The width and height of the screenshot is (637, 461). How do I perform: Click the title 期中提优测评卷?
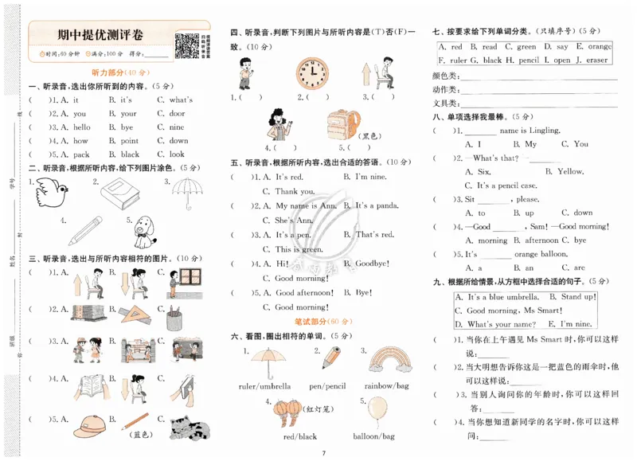(101, 35)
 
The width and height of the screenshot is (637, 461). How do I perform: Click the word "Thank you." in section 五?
(295, 192)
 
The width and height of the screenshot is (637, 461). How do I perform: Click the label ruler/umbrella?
(265, 386)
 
